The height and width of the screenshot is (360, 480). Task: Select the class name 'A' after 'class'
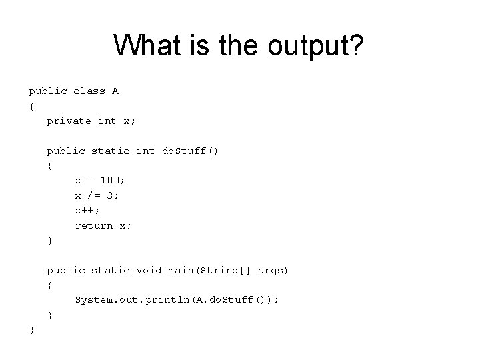coord(115,91)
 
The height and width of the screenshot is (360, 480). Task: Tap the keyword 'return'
coord(94,225)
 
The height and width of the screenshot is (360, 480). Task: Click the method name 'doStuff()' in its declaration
coord(190,151)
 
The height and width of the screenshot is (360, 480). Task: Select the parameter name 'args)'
coord(273,270)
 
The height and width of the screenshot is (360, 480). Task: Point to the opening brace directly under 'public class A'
coord(31,106)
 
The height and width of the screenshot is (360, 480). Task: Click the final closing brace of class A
coord(31,329)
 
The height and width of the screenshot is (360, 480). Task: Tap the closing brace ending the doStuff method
coord(49,240)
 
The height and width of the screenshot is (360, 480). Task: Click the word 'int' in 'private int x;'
coord(107,121)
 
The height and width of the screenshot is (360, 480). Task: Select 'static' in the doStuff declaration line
coord(110,151)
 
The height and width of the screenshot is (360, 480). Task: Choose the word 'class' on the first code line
coord(89,91)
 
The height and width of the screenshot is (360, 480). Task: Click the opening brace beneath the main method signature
coord(49,285)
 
